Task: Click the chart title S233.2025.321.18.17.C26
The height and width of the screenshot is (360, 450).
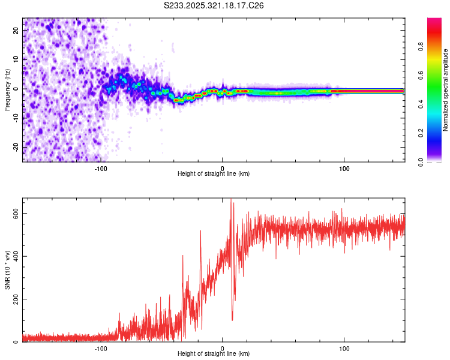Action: [x=214, y=5]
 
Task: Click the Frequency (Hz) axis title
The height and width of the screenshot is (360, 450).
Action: [x=7, y=90]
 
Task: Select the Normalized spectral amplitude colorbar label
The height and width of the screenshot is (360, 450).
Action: [x=445, y=90]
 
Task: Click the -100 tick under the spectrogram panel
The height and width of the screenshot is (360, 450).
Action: [x=100, y=169]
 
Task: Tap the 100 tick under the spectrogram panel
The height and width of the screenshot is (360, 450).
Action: [x=344, y=169]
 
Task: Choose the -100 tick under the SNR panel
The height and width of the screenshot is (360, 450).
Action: [x=100, y=349]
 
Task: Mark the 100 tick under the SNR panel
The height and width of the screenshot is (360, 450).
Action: [x=344, y=349]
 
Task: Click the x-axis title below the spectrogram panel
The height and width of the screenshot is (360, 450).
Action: [x=214, y=174]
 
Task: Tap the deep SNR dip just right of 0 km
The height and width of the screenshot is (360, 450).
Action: [x=232, y=319]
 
